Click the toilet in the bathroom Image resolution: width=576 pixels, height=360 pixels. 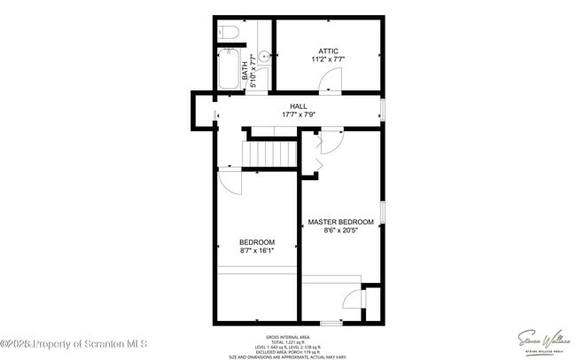click(x=229, y=34)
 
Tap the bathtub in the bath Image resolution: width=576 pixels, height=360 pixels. click(x=228, y=71)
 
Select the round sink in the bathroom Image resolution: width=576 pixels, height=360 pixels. click(x=263, y=53)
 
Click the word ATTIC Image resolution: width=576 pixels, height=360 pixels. click(x=327, y=51)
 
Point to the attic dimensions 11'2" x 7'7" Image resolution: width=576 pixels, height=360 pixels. click(x=327, y=59)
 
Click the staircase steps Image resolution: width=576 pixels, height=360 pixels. click(x=272, y=155)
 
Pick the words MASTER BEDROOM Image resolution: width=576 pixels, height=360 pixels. click(x=340, y=222)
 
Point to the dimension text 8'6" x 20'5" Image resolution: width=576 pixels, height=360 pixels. click(x=340, y=231)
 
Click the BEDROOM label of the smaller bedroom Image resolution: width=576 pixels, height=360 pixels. click(x=257, y=242)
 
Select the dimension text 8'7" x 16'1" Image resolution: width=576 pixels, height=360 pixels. click(x=257, y=251)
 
